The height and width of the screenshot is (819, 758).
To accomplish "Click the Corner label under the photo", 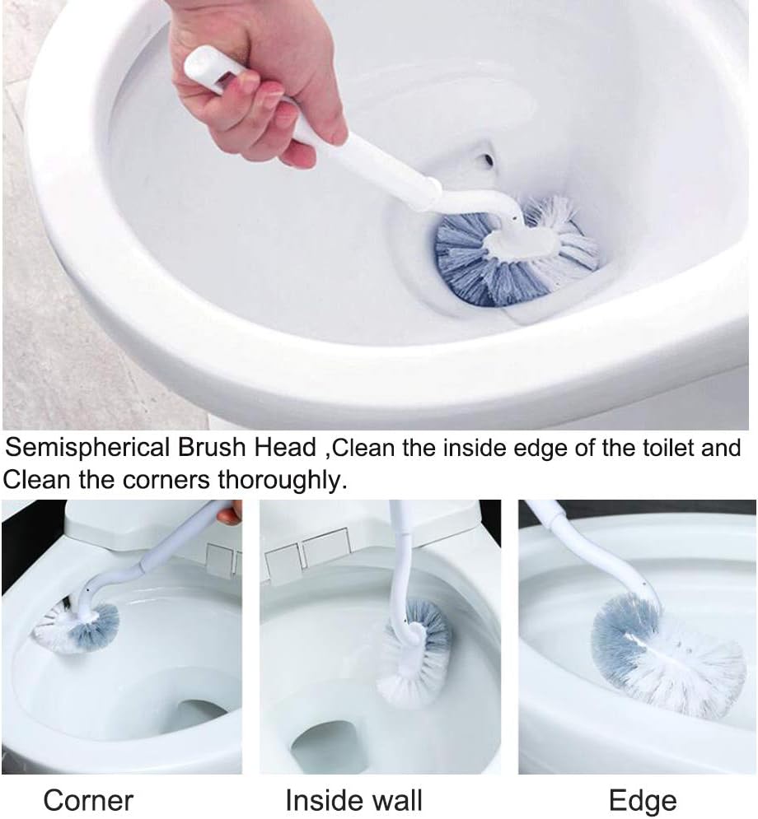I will pyautogui.click(x=88, y=799).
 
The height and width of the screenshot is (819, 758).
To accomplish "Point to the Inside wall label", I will pyautogui.click(x=353, y=799).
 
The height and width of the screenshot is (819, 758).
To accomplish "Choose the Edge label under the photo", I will pyautogui.click(x=643, y=799).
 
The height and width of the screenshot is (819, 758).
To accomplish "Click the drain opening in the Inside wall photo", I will pyautogui.click(x=330, y=745).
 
